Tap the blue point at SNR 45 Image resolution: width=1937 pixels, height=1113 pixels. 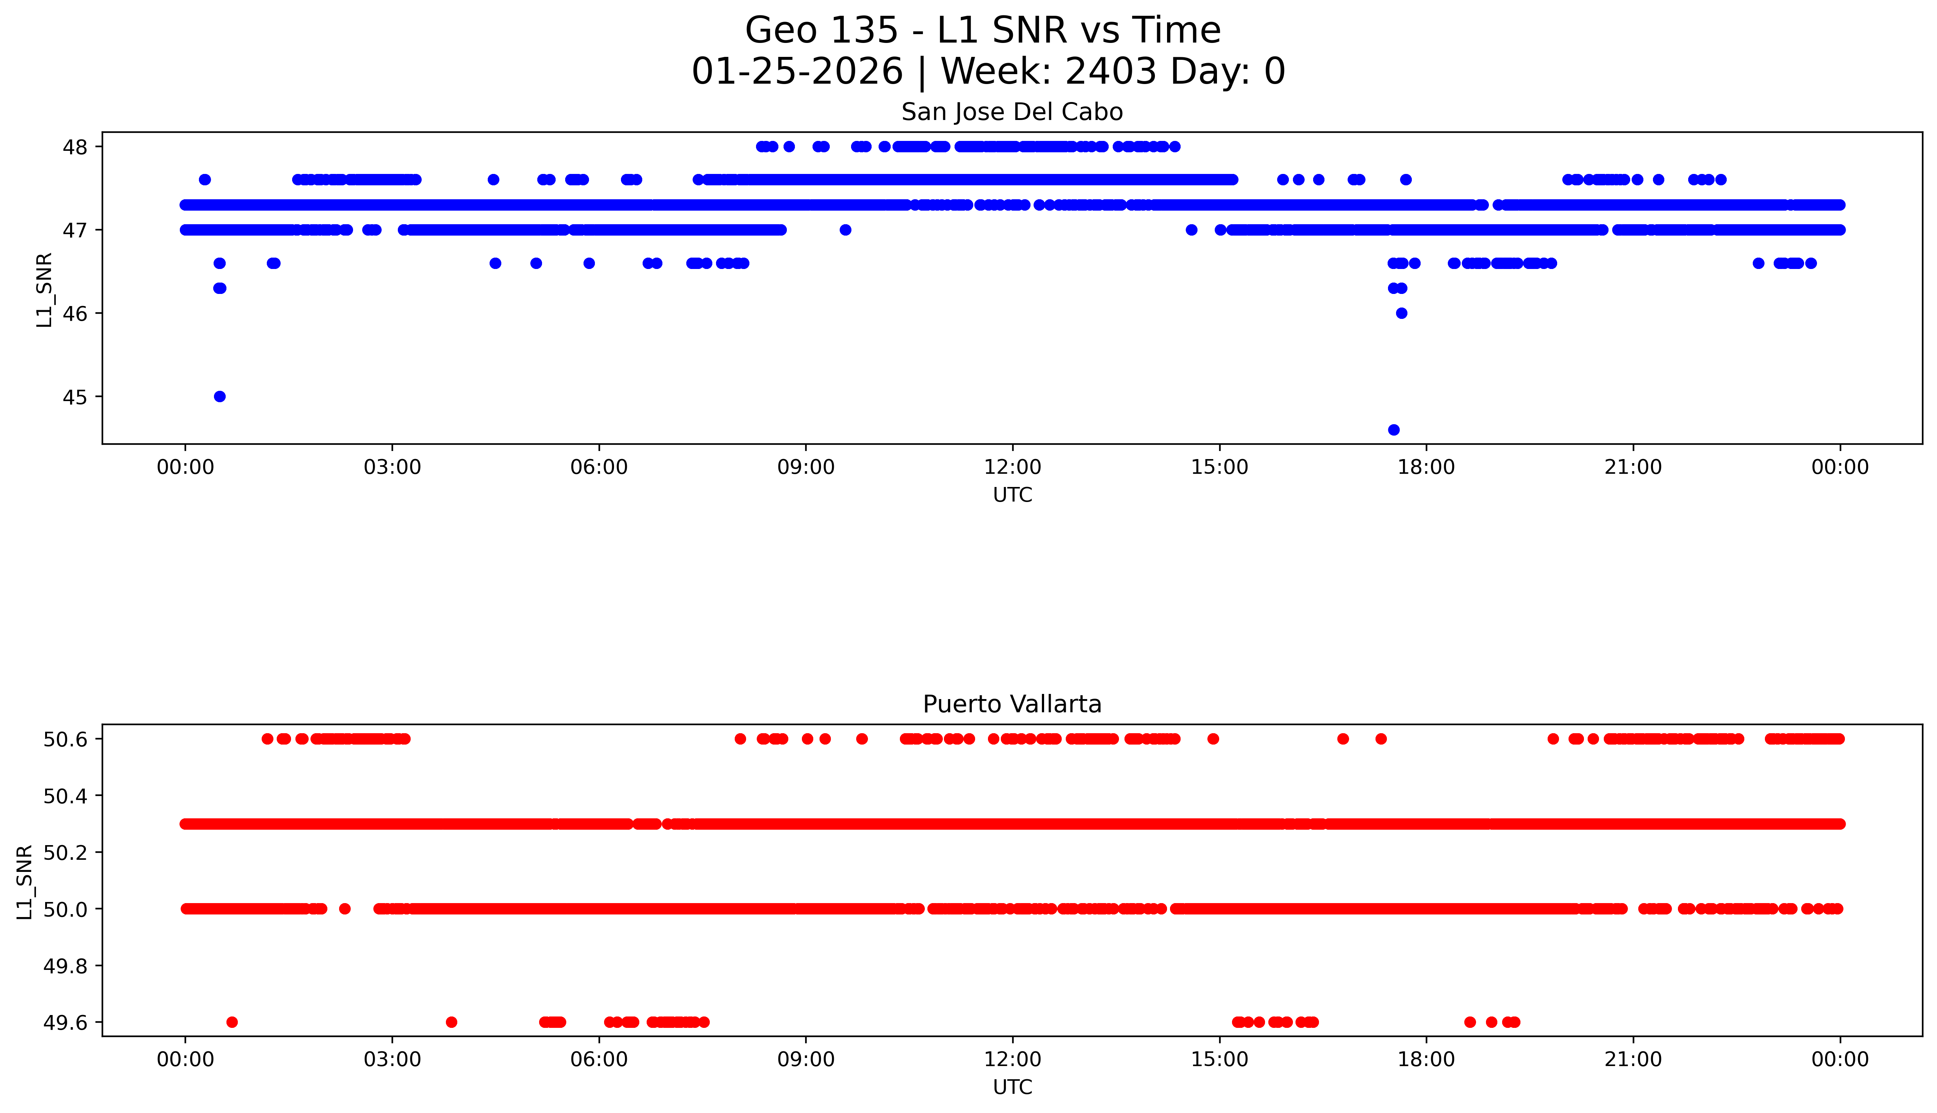(x=219, y=396)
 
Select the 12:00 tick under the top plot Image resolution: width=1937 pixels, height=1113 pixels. (x=1012, y=467)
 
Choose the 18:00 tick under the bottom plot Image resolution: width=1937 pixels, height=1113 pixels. (x=1426, y=1059)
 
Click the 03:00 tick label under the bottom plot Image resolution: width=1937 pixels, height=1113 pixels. (x=392, y=1059)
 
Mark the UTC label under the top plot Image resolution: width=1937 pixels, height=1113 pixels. (x=1012, y=495)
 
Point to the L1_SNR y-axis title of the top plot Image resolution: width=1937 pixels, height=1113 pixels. (x=44, y=290)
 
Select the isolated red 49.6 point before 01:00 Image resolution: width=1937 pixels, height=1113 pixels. (x=232, y=1022)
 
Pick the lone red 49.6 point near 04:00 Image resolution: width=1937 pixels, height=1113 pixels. (x=451, y=1022)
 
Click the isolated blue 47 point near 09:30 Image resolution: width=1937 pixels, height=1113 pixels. (x=845, y=230)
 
